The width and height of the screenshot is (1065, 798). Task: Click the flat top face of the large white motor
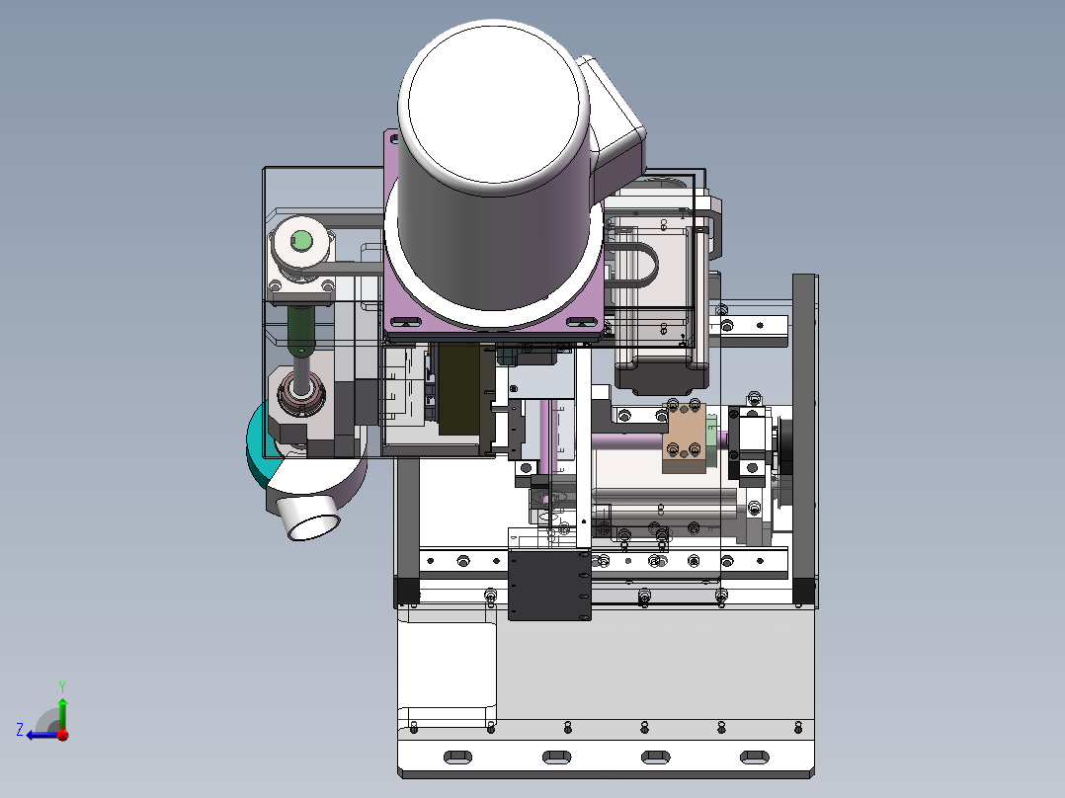[x=494, y=107]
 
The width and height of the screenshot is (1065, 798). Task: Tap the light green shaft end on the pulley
[x=301, y=240]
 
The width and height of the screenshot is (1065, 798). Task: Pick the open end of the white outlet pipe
[x=314, y=526]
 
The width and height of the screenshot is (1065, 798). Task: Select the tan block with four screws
[x=685, y=439]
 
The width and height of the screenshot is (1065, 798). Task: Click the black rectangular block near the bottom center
[x=549, y=585]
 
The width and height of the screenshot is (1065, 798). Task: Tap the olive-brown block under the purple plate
[x=459, y=388]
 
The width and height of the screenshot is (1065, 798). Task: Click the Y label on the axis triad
[x=62, y=686]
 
